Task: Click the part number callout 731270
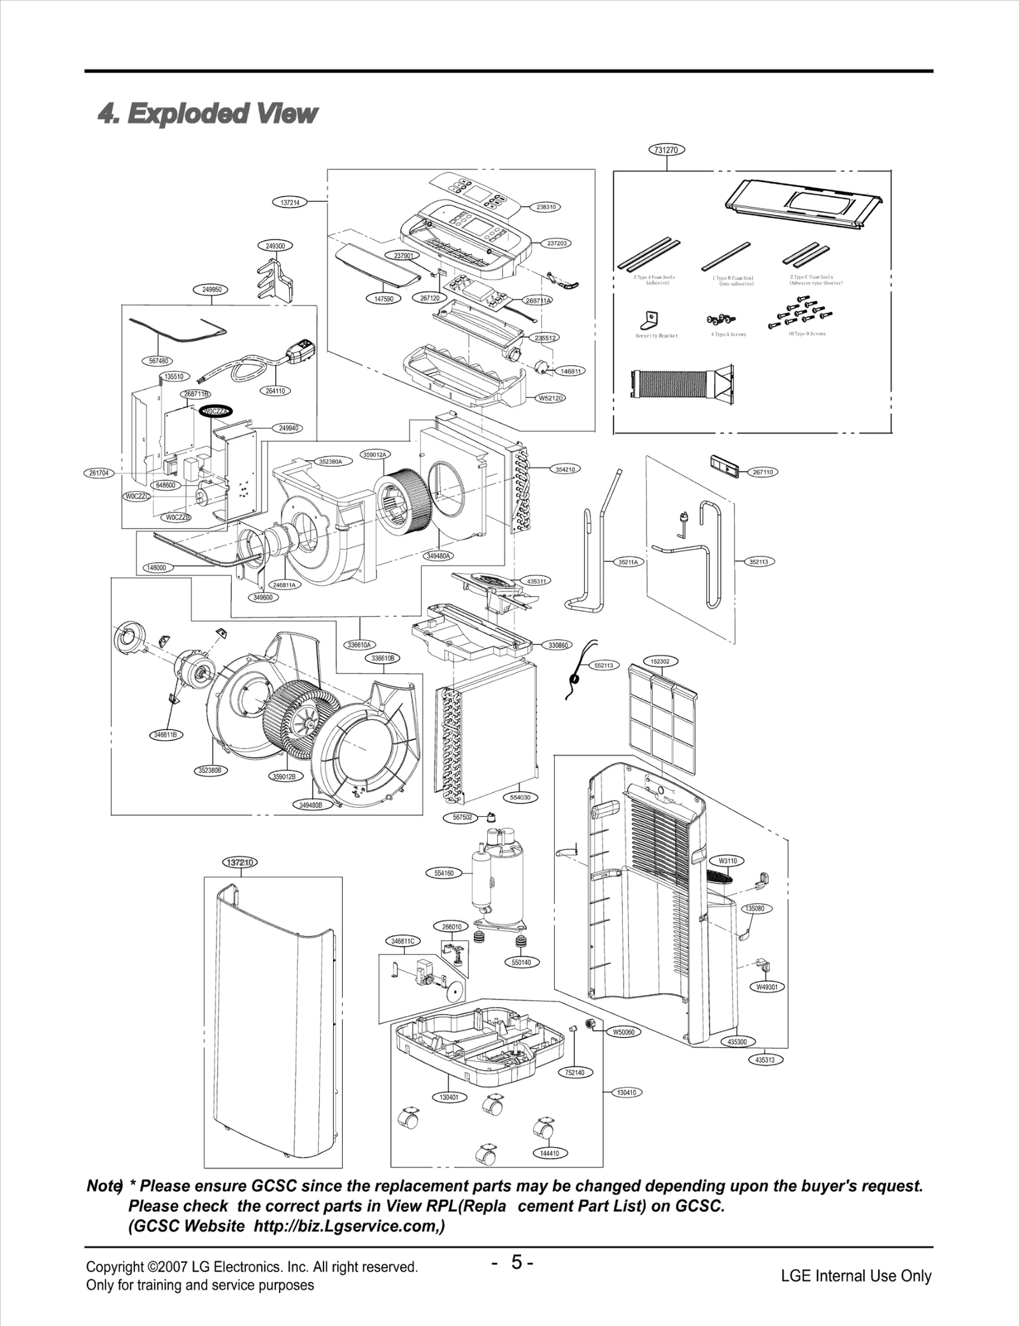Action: click(666, 150)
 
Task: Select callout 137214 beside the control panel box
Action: click(290, 202)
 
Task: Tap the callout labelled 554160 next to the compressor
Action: click(444, 873)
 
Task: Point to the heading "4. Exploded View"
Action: click(208, 113)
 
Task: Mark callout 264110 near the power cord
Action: click(275, 391)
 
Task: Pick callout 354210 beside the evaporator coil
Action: click(564, 469)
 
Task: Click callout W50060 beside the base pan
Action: click(624, 1032)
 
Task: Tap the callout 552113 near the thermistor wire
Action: click(603, 665)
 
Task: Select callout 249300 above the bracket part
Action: click(275, 245)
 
